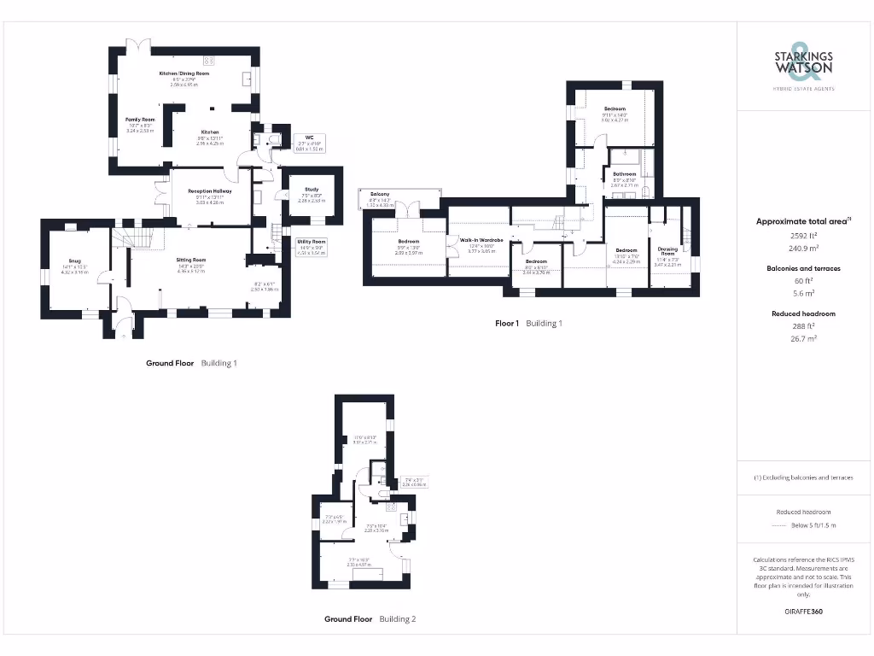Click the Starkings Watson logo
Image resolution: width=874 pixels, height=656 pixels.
802,65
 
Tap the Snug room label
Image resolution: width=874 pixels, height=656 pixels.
75,264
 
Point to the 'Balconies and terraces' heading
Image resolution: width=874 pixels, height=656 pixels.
802,268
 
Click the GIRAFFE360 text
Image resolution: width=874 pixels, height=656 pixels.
802,612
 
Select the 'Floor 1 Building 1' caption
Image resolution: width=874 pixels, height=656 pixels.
528,324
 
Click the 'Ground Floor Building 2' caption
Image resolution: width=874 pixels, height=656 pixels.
370,618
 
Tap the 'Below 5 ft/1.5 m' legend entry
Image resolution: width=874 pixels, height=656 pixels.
814,525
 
